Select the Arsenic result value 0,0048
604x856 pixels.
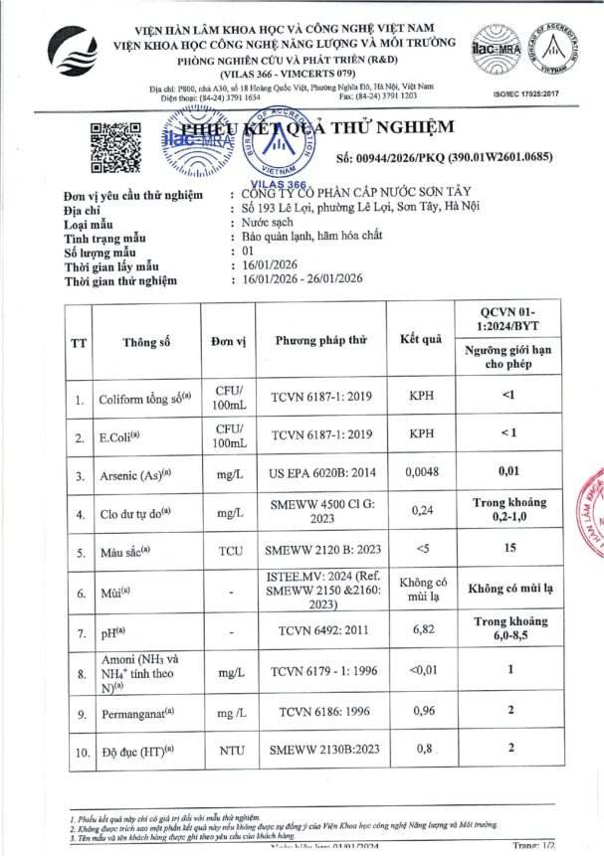coord(422,475)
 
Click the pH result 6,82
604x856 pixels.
coord(422,629)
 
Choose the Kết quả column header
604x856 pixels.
coord(421,340)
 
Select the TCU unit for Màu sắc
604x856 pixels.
coord(229,549)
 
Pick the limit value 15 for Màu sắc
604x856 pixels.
coord(509,549)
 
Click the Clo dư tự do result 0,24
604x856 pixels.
coord(422,512)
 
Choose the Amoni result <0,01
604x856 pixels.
coord(422,671)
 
